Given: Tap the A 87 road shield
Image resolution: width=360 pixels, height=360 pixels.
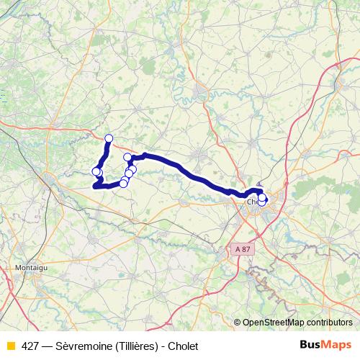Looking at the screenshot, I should coord(243,248).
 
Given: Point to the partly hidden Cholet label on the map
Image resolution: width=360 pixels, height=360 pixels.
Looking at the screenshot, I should coord(253,202).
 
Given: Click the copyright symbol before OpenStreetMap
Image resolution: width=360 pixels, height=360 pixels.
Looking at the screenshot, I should coord(238,322).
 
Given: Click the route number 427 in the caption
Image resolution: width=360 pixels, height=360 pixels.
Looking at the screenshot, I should coord(30,346).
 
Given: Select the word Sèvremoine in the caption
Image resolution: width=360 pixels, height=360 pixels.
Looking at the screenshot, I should coord(83,346).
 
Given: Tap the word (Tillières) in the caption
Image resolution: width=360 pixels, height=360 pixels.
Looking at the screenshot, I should coord(135,346).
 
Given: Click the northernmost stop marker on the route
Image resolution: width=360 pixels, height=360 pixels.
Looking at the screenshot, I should coord(109,138).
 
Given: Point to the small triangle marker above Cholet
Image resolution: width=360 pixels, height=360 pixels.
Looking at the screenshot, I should coord(259,185).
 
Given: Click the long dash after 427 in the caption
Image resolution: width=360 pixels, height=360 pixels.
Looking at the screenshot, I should coord(47,346).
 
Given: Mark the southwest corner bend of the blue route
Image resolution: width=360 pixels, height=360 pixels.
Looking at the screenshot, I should coord(94,187).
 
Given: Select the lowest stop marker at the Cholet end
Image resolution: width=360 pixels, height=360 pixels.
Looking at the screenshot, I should coord(262,202).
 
